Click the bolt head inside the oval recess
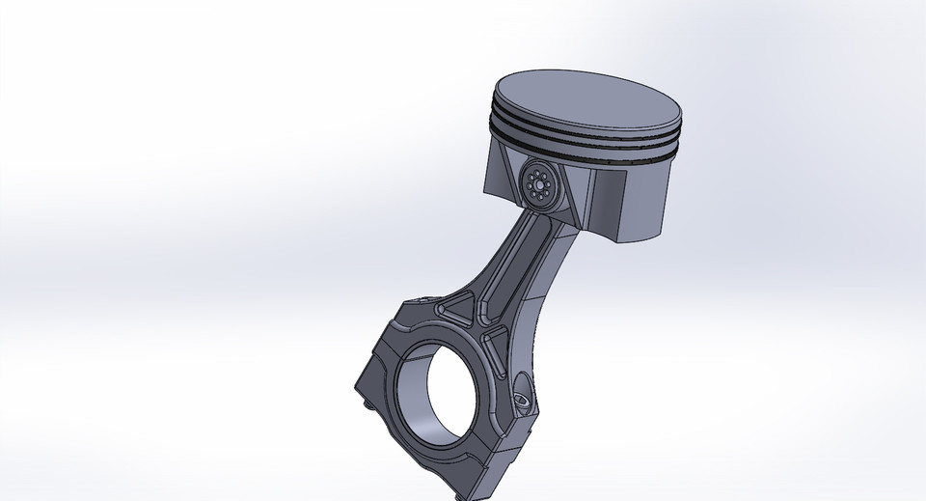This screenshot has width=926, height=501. click(x=522, y=396)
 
